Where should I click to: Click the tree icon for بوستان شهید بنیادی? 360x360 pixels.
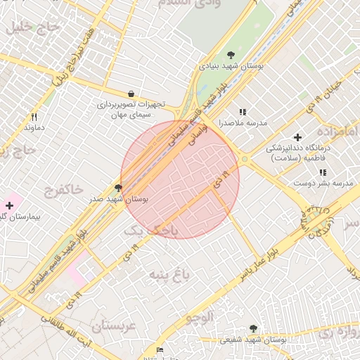click(x=231, y=55)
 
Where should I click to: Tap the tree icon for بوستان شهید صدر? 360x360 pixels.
click(x=118, y=188)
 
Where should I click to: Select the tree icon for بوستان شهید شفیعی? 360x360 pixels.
click(x=253, y=328)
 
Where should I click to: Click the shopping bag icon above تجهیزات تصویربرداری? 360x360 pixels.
click(x=131, y=94)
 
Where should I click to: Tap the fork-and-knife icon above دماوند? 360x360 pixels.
click(x=34, y=117)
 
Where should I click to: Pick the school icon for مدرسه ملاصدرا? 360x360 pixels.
click(x=243, y=112)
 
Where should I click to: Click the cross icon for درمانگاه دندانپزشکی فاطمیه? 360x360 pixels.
click(x=297, y=137)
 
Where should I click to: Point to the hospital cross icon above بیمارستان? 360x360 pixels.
click(x=9, y=205)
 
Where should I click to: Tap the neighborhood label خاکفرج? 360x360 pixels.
click(x=64, y=190)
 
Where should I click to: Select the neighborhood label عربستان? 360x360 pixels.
click(x=112, y=326)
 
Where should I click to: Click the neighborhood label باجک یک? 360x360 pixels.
click(x=150, y=230)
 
